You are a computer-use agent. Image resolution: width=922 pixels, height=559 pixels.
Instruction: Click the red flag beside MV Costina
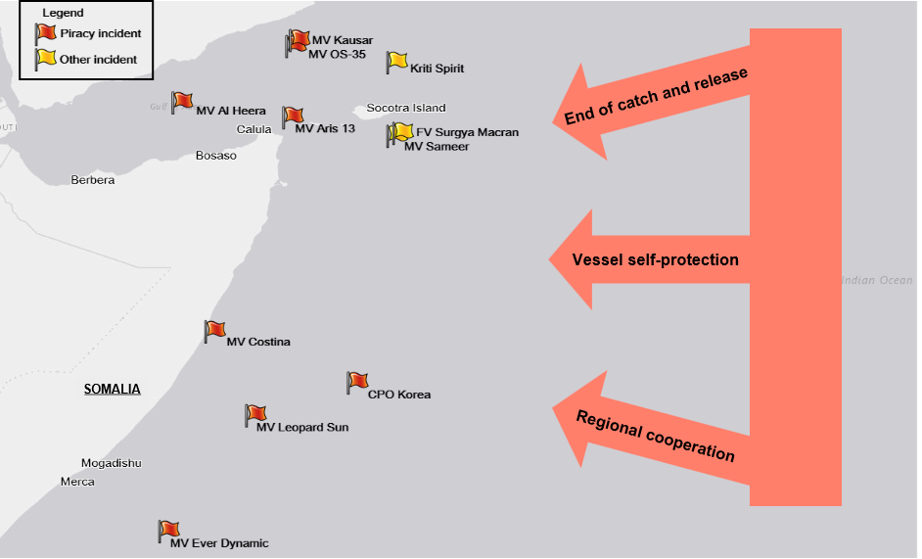tap(215, 330)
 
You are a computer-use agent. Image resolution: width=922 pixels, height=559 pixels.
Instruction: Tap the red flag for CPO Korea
tap(357, 381)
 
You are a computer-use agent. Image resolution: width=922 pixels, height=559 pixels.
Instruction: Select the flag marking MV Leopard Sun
tap(255, 414)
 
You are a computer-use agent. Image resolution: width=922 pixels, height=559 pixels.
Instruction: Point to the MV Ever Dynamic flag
tap(169, 531)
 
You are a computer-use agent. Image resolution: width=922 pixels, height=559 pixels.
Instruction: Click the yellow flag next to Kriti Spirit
tap(396, 61)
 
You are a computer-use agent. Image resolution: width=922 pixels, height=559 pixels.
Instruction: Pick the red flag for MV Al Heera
tap(182, 101)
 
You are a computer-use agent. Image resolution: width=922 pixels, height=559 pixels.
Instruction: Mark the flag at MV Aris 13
tap(293, 116)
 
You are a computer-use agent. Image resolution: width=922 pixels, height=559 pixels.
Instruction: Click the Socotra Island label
tap(406, 108)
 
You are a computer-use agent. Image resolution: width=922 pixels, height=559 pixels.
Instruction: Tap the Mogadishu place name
tap(112, 463)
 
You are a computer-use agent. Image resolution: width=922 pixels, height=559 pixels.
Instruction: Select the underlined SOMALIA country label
tap(113, 390)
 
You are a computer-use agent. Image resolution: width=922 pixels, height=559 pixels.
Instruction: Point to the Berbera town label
tap(93, 180)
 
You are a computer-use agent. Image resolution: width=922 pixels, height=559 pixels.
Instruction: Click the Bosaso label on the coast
tap(216, 156)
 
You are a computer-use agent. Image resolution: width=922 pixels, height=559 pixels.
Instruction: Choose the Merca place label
tap(78, 482)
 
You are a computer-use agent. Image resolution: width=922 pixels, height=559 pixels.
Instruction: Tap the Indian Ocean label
tap(877, 281)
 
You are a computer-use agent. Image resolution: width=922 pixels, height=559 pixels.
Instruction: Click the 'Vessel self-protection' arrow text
tap(656, 260)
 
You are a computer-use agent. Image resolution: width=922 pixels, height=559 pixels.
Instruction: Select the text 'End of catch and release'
tap(656, 97)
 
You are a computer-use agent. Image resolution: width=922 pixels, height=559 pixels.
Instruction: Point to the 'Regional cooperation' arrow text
tap(655, 436)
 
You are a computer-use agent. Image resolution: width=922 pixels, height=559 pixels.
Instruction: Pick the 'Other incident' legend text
tap(98, 60)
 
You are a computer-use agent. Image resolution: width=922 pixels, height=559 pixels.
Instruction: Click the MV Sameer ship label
tap(437, 147)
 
